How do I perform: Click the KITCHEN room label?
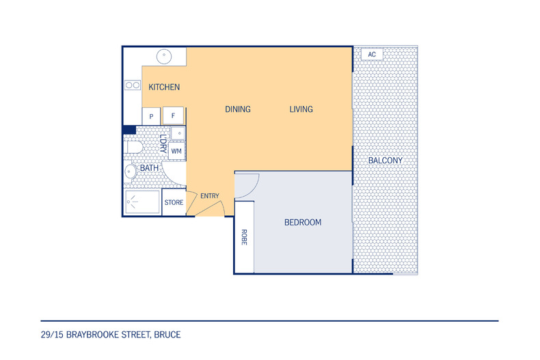[164, 87]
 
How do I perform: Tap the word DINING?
[238, 109]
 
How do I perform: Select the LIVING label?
[301, 109]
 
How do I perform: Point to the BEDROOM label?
[303, 222]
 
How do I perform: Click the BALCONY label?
[386, 161]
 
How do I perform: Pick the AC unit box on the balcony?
[372, 55]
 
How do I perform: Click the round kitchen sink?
[164, 56]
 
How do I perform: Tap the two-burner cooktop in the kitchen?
[133, 85]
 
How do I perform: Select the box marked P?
[151, 116]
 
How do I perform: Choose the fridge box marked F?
[173, 115]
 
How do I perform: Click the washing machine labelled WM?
[176, 151]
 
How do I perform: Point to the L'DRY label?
[163, 143]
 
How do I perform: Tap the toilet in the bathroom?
[133, 148]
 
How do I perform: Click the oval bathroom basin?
[130, 171]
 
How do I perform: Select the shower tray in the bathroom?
[142, 202]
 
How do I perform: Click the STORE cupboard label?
[174, 202]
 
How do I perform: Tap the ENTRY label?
[210, 196]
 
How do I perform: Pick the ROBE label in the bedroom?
[244, 237]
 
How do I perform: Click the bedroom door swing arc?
[254, 189]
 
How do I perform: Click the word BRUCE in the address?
[167, 335]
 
